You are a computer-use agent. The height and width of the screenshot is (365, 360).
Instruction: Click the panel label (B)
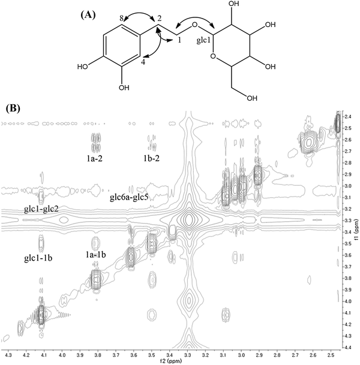click(14, 108)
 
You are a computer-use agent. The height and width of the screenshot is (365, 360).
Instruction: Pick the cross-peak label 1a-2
click(96, 159)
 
